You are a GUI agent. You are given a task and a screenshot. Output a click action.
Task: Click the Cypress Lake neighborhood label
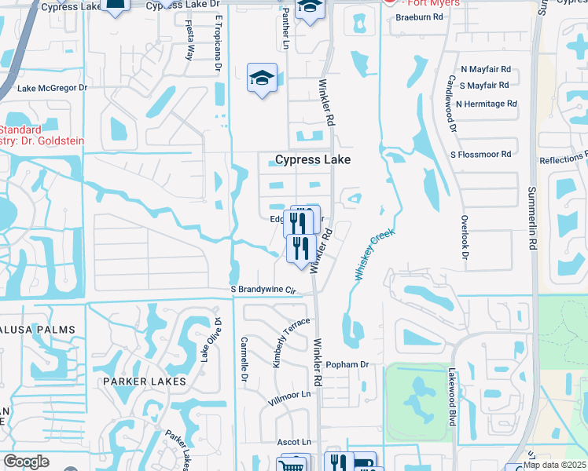pos(312,159)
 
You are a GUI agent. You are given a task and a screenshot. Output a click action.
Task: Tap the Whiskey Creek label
pos(373,254)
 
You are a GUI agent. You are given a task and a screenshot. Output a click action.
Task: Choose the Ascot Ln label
pos(294,443)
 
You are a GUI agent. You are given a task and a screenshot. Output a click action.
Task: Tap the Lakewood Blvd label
pos(453,398)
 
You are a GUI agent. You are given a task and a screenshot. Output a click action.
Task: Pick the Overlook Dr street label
pos(465,238)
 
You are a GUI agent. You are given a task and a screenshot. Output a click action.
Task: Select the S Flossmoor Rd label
pos(480,154)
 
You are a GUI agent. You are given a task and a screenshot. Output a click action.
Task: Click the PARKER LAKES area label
pos(144,382)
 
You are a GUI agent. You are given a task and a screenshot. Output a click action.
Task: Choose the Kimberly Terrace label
pos(281,343)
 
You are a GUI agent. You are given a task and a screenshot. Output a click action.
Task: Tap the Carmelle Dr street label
pos(244,360)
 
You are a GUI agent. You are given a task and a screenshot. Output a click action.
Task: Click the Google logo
pos(26,462)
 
